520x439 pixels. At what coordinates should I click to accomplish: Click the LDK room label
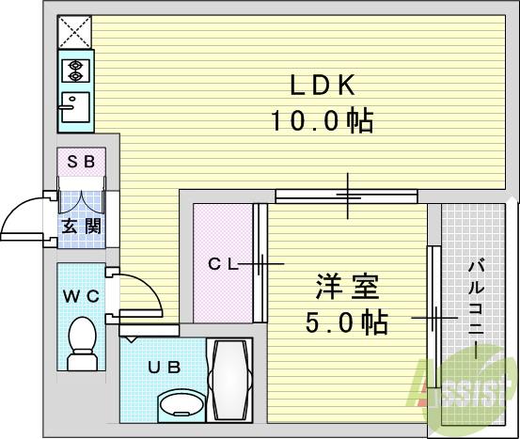click(x=320, y=86)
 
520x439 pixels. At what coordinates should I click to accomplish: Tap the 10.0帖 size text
click(x=320, y=121)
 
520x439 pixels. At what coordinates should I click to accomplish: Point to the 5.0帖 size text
click(x=346, y=322)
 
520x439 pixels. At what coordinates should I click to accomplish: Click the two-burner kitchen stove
click(x=74, y=69)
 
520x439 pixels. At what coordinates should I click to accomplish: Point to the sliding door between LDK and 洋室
click(x=346, y=196)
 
